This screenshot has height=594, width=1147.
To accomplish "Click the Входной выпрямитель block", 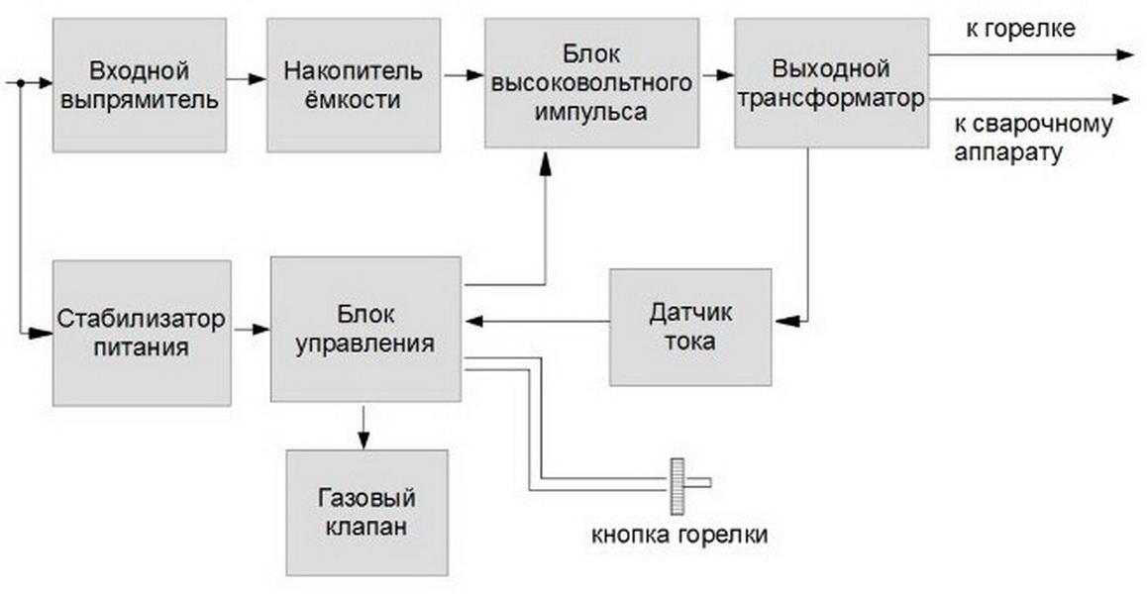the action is (x=139, y=85).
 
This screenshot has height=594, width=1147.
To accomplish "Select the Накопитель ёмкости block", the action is (x=354, y=85).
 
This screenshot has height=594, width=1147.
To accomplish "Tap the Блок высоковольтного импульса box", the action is (x=591, y=82).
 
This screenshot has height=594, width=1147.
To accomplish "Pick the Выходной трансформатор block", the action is (x=831, y=82).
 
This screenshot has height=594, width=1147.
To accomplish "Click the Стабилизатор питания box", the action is (x=142, y=333).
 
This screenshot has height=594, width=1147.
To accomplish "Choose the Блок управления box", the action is (x=365, y=330).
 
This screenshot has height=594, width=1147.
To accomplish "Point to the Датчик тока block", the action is (x=690, y=327).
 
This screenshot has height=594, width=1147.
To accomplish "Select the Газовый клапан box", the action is (x=366, y=512).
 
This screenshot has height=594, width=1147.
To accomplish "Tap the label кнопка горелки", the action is (x=679, y=535).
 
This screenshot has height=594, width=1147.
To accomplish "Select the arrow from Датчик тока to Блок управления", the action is (x=538, y=321).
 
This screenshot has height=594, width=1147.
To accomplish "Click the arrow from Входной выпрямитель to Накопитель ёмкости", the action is (x=247, y=78).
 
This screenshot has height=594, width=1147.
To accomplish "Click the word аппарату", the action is (x=1008, y=152).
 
